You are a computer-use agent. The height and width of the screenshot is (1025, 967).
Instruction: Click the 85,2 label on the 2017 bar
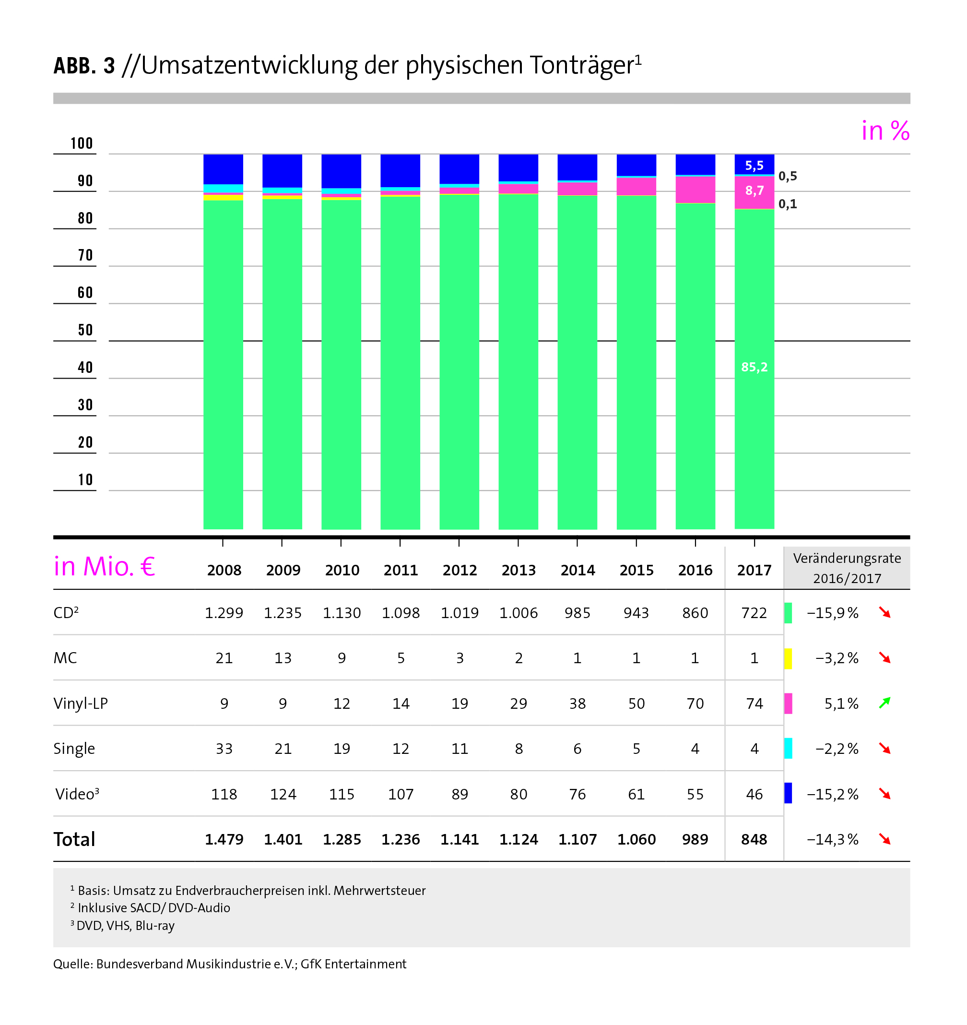point(754,367)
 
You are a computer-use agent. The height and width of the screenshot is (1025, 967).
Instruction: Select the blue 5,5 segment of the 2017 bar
point(754,166)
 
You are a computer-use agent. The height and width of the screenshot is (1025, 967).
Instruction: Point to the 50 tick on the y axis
point(85,331)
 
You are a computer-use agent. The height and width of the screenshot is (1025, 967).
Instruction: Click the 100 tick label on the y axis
point(82,143)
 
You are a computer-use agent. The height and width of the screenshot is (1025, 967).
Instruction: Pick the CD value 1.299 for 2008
point(224,613)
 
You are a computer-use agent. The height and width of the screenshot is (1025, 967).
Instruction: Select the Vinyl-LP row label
point(81,704)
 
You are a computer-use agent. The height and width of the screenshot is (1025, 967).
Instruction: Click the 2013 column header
point(519,570)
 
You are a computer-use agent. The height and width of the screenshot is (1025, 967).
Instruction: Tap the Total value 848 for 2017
point(754,840)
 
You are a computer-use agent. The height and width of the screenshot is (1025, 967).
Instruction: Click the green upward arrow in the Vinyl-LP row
point(885,703)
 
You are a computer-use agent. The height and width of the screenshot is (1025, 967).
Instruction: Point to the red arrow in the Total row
point(885,839)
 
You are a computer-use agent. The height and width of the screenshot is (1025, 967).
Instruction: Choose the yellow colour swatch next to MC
point(788,658)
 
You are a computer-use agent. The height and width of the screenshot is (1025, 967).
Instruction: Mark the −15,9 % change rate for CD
point(833,613)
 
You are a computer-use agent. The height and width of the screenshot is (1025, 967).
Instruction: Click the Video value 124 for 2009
point(283,795)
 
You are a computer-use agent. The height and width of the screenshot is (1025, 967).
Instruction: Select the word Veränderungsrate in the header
point(847,559)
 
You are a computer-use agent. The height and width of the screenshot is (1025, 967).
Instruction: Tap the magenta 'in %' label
point(885,131)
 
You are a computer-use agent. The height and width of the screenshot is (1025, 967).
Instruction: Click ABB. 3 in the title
point(84,66)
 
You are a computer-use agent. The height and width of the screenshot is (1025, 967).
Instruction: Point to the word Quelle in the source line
point(71,964)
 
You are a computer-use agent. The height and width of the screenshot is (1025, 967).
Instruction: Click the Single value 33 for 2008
point(224,749)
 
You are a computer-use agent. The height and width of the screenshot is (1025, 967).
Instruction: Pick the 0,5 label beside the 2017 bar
point(788,176)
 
